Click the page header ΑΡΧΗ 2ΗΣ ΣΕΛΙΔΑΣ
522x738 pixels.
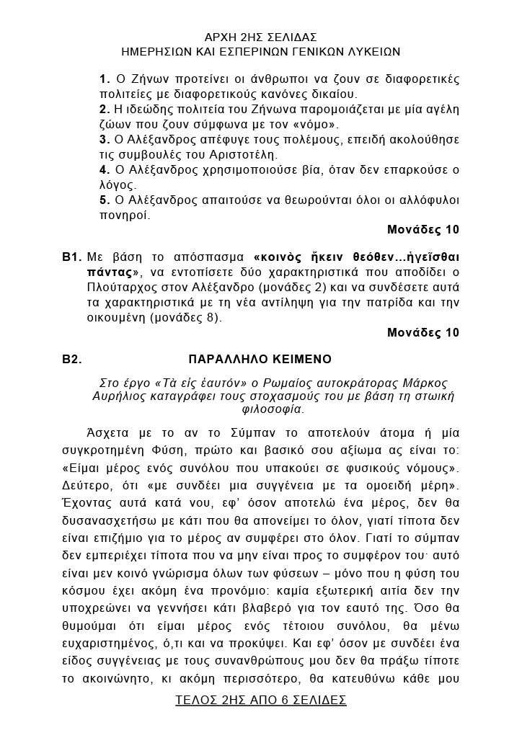pyautogui.click(x=261, y=37)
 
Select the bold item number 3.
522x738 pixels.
pyautogui.click(x=104, y=139)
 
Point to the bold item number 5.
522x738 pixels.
pyautogui.click(x=104, y=200)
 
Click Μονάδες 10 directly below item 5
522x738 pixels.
pyautogui.click(x=423, y=230)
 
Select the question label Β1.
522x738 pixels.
pyautogui.click(x=71, y=257)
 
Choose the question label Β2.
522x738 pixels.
pyautogui.click(x=71, y=357)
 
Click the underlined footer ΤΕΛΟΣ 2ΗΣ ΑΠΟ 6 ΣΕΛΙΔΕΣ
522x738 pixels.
pyautogui.click(x=261, y=700)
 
